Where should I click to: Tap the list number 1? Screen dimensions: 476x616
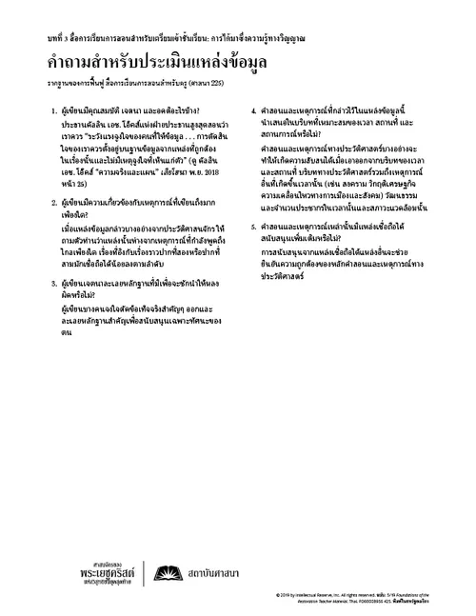(x=56, y=111)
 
